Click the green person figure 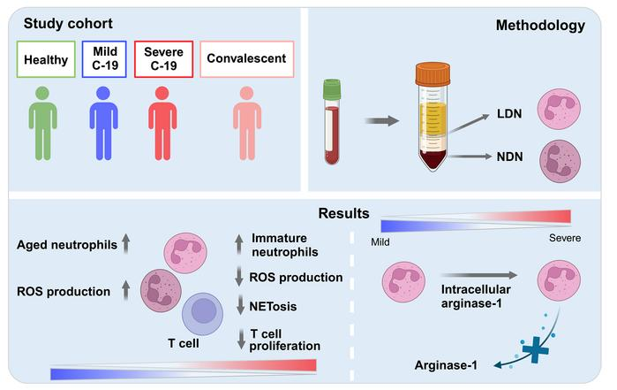click(42, 124)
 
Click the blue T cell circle click(205, 316)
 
